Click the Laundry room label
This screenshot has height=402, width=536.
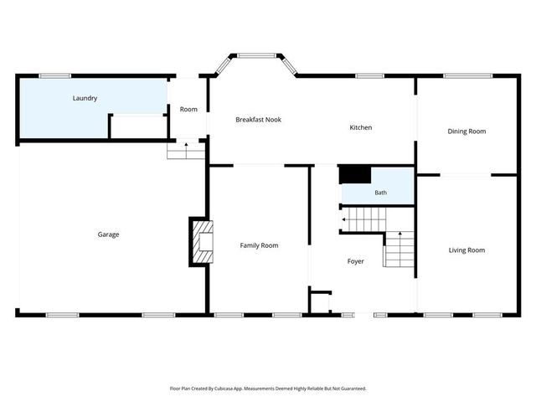click(x=85, y=99)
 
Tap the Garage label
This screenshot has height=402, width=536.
click(x=108, y=234)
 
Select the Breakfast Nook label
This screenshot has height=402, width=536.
click(x=259, y=120)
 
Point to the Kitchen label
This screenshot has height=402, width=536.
click(x=361, y=127)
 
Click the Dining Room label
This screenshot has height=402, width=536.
click(x=466, y=131)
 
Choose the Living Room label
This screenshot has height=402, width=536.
click(x=466, y=250)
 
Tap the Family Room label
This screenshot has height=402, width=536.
click(x=259, y=245)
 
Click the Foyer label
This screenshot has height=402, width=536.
click(x=355, y=261)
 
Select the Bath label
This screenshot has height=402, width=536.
click(x=381, y=193)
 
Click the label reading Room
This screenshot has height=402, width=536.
click(x=188, y=110)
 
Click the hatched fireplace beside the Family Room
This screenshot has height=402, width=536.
click(x=203, y=242)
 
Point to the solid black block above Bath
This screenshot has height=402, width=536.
click(x=355, y=175)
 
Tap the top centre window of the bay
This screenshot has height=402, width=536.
click(x=257, y=55)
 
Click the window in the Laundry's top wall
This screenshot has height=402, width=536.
click(x=55, y=76)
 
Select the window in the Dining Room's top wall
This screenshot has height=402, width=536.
click(x=468, y=76)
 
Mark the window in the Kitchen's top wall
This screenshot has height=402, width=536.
click(x=370, y=76)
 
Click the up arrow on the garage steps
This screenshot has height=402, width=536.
click(x=186, y=151)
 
